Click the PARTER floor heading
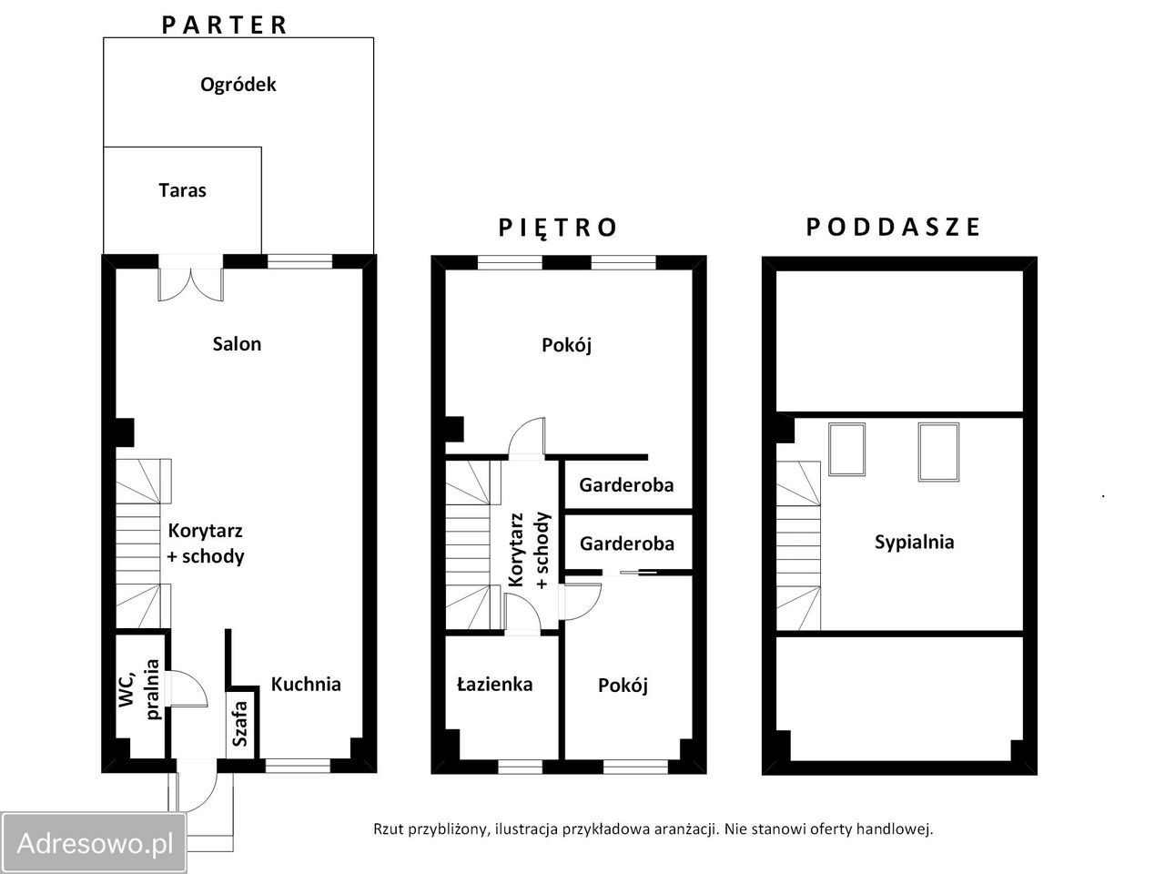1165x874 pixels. [x=224, y=25]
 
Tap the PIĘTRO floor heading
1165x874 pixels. [x=557, y=228]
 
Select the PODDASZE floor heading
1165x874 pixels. [x=893, y=227]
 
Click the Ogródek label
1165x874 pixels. [x=238, y=85]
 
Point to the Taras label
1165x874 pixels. [x=183, y=190]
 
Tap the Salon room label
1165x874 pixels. [x=237, y=344]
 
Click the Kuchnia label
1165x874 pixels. [x=306, y=684]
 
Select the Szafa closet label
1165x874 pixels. [x=240, y=724]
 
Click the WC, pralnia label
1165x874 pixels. [x=139, y=689]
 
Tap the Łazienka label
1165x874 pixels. [x=494, y=684]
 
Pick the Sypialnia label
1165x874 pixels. [x=915, y=543]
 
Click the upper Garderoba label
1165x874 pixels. [x=626, y=485]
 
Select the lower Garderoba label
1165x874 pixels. [x=627, y=544]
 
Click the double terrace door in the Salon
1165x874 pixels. [x=190, y=280]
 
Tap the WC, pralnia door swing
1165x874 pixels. [x=187, y=688]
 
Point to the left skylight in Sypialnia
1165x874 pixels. [x=847, y=449]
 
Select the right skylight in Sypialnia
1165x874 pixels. [x=938, y=452]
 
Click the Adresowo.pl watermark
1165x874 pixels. [x=95, y=843]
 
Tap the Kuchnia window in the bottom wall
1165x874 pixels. [x=298, y=766]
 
